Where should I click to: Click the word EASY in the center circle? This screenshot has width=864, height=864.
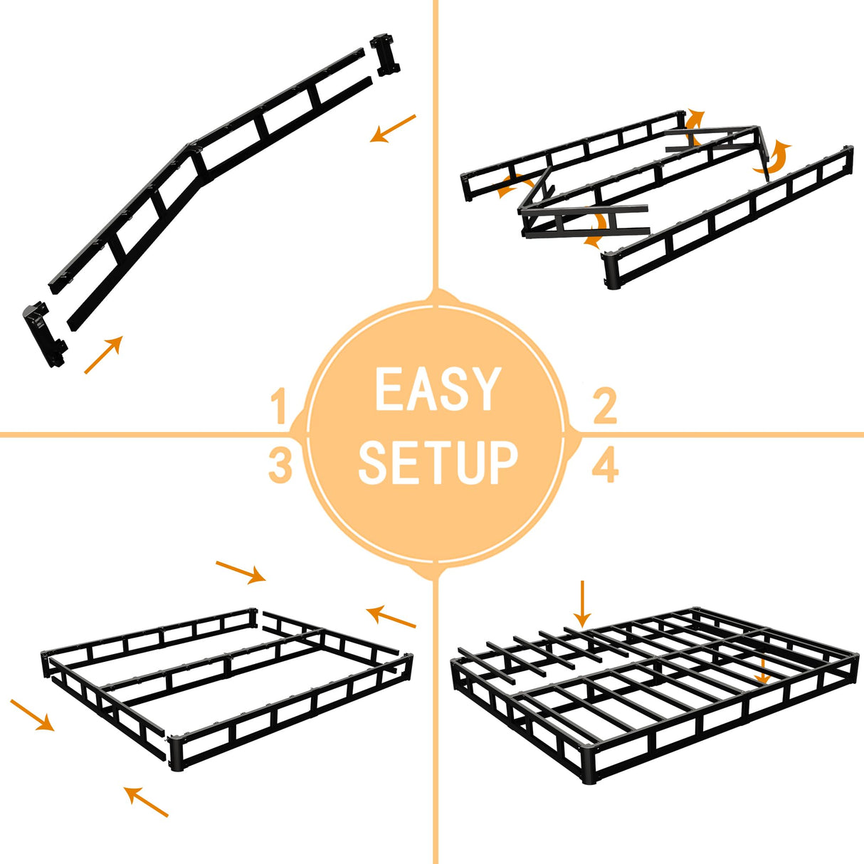click(x=437, y=389)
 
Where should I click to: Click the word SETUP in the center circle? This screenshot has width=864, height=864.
click(x=437, y=463)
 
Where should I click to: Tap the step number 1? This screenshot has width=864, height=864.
click(x=279, y=408)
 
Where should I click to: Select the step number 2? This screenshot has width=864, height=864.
click(x=604, y=406)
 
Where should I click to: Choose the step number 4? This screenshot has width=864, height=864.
click(x=604, y=466)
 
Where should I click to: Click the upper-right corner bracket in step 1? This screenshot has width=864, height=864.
click(x=385, y=54)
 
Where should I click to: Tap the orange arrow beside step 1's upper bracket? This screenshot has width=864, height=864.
click(x=392, y=128)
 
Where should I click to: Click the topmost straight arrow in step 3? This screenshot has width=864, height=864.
click(x=241, y=571)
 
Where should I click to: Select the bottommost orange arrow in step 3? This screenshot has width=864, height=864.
click(x=147, y=801)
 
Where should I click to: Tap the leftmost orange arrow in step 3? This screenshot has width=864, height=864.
click(x=33, y=715)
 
